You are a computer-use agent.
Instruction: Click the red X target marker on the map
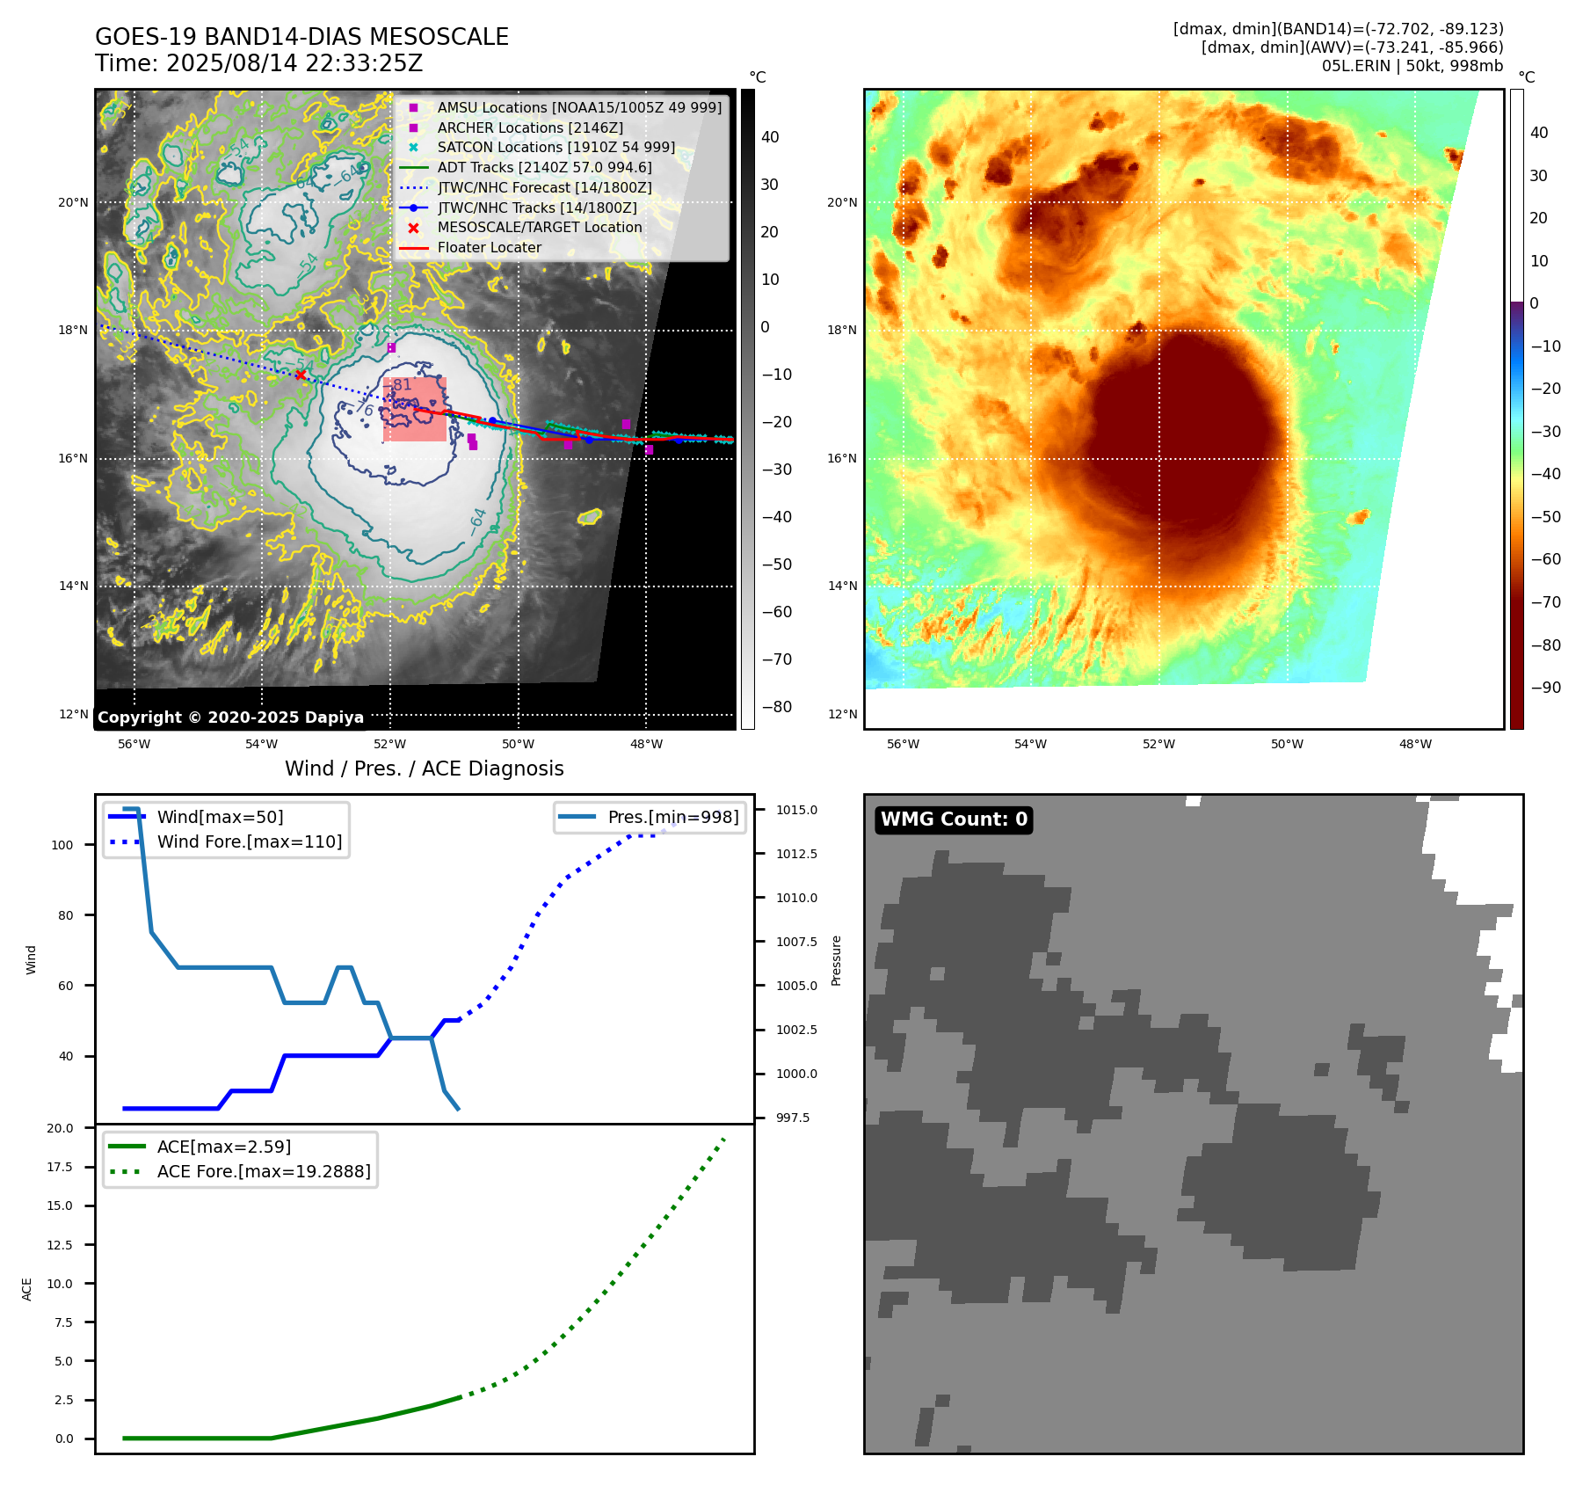coord(301,375)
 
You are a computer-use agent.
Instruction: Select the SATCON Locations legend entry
coord(556,148)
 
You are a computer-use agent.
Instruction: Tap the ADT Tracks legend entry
coord(544,167)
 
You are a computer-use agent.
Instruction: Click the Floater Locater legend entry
coord(489,248)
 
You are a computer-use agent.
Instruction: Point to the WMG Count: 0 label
coord(954,819)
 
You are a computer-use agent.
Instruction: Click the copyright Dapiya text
coord(230,718)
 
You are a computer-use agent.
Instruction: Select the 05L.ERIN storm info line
coord(1412,66)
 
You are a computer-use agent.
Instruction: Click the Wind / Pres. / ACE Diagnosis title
coord(424,768)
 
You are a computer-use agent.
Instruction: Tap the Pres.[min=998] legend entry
coord(672,817)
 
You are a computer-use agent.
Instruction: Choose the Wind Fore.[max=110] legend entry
coord(249,841)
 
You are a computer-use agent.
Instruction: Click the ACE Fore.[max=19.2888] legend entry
coord(263,1171)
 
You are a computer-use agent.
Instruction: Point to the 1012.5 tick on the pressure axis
coord(796,854)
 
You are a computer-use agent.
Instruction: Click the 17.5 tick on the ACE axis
coord(60,1167)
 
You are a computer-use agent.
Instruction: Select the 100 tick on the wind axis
coord(62,845)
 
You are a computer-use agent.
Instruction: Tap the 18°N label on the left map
coord(73,331)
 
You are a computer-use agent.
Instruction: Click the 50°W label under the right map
coord(1287,744)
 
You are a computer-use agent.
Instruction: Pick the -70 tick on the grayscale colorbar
coord(776,659)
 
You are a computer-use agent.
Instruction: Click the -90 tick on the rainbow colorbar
coord(1545,688)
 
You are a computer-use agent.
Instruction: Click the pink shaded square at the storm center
coord(415,410)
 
